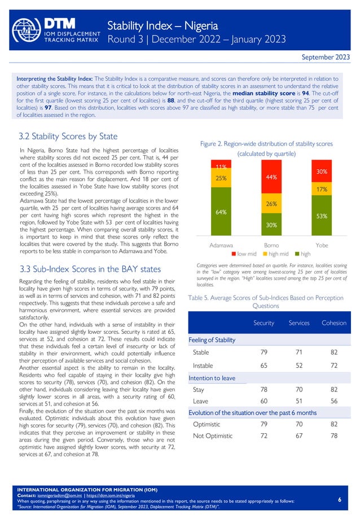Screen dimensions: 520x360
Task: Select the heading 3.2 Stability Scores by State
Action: coord(68,136)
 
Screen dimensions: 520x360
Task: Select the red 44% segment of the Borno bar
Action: coord(271,177)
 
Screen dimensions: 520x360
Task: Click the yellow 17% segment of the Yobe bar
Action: coord(322,191)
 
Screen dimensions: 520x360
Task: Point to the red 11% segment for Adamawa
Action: coord(221,166)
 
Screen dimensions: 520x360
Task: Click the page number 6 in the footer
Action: coord(339,500)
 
